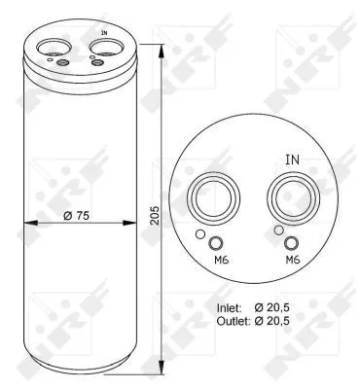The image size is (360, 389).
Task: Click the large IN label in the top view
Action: pyautogui.click(x=291, y=159)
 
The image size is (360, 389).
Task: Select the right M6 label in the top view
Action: pyautogui.click(x=293, y=261)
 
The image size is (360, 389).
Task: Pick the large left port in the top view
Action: pyautogui.click(x=215, y=198)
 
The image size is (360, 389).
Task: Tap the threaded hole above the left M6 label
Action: pyautogui.click(x=216, y=243)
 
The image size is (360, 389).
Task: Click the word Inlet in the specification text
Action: pyautogui.click(x=230, y=306)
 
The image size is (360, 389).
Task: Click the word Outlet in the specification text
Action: pyautogui.click(x=233, y=319)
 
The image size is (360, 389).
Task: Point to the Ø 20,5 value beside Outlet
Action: pyautogui.click(x=288, y=319)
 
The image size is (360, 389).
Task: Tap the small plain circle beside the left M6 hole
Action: pyautogui.click(x=200, y=234)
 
